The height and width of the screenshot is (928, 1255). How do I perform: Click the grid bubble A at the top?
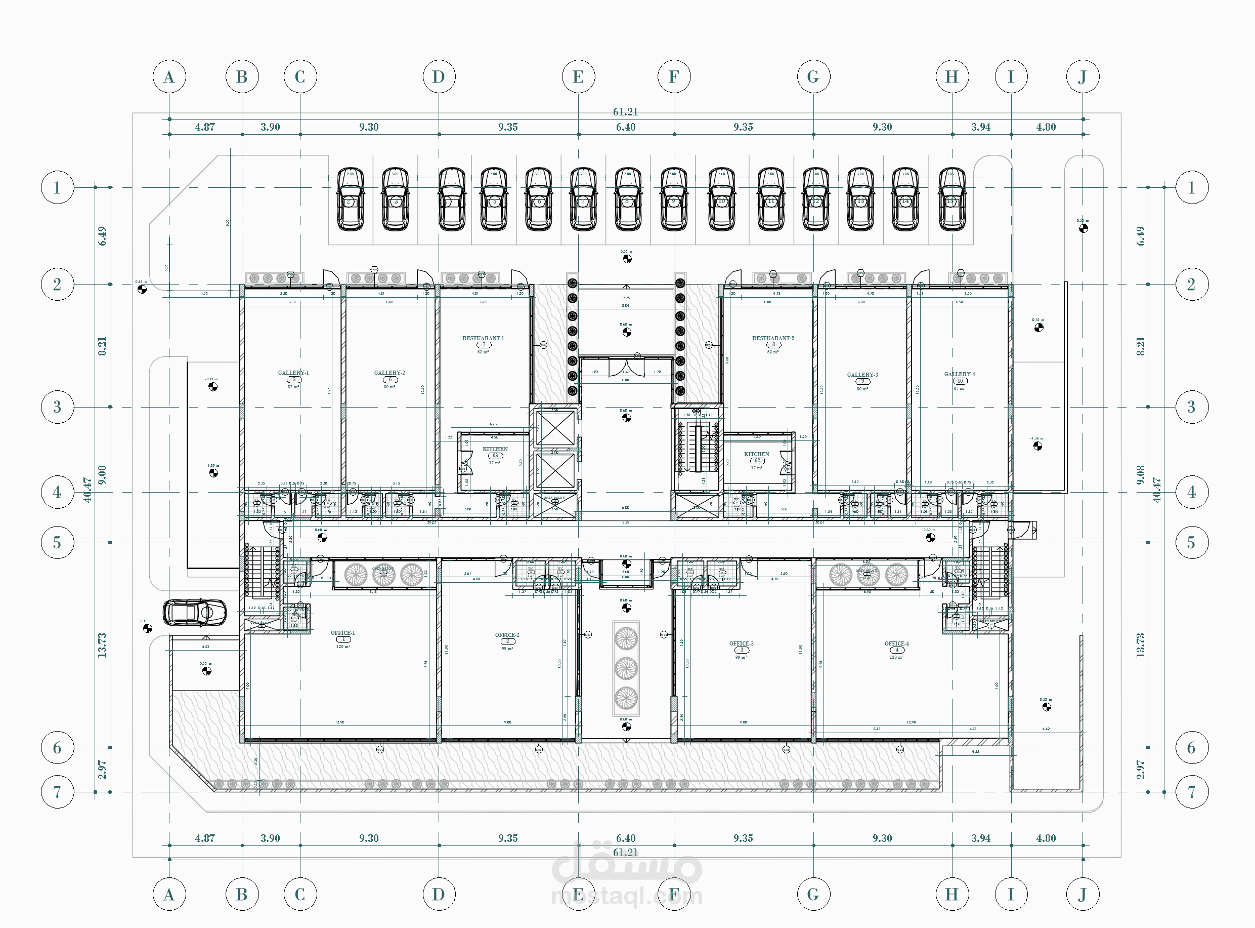click(169, 77)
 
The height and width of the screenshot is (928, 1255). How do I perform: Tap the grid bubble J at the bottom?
click(1082, 894)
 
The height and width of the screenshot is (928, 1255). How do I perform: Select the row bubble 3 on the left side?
click(57, 407)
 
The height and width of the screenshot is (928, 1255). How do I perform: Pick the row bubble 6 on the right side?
click(1191, 748)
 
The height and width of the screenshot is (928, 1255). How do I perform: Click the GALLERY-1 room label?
click(293, 373)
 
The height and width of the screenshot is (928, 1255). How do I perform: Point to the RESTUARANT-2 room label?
click(773, 338)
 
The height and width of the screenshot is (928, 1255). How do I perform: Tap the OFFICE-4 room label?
click(896, 644)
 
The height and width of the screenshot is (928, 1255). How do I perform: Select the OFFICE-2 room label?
click(507, 635)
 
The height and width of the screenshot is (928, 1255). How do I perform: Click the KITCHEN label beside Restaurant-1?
click(495, 450)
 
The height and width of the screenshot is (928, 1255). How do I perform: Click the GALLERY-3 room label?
click(862, 375)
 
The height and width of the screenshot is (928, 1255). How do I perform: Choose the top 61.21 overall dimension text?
click(625, 112)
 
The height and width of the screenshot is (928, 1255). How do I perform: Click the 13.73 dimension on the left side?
click(102, 645)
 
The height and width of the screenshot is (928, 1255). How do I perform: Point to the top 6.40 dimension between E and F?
click(626, 127)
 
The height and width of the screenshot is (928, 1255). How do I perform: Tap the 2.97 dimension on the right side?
click(1140, 770)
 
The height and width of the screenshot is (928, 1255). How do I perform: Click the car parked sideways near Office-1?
click(195, 612)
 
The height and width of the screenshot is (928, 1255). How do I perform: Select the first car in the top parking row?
click(350, 199)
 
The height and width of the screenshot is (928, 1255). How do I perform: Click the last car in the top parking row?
click(951, 199)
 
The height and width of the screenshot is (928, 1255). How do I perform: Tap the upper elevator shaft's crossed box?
click(554, 428)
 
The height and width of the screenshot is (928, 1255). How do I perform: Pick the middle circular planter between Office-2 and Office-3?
click(626, 668)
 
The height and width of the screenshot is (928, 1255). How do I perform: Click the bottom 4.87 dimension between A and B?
click(205, 838)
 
